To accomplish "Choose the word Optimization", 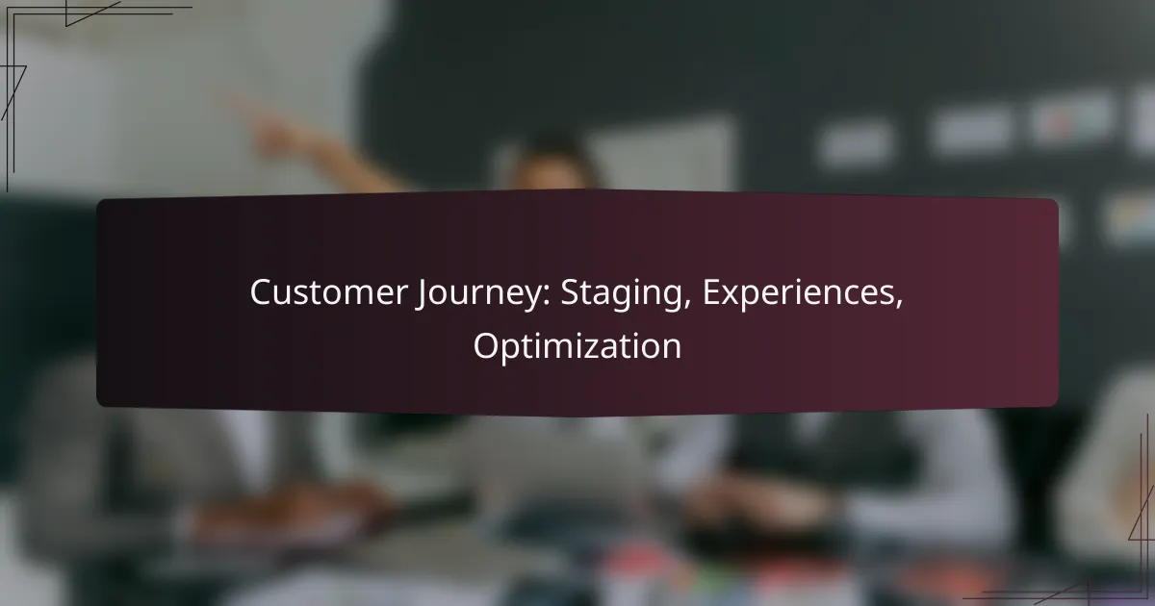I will pyautogui.click(x=577, y=346).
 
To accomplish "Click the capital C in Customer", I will pyautogui.click(x=260, y=293).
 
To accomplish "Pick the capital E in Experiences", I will pyautogui.click(x=709, y=293).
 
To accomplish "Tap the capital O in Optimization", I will pyautogui.click(x=484, y=346).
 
